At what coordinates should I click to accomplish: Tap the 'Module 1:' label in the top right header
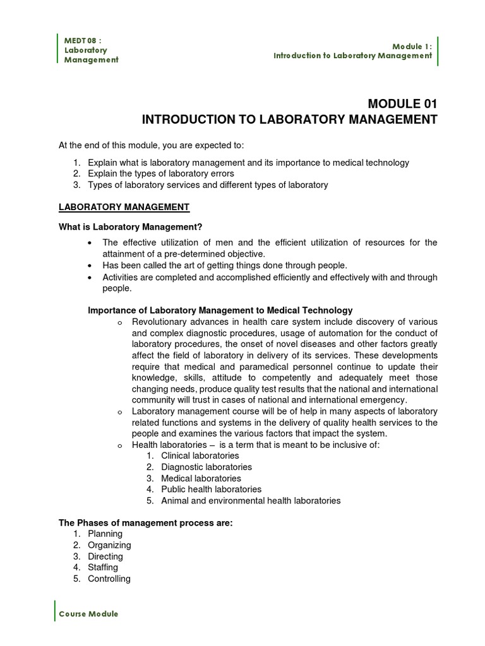[x=412, y=46]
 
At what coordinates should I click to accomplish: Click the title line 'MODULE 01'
[x=402, y=104]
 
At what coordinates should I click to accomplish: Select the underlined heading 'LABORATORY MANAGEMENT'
[x=124, y=206]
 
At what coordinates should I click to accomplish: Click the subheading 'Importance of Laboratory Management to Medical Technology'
[x=220, y=310]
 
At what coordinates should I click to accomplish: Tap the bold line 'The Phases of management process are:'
[x=146, y=522]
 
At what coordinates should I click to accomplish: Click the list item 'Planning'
[x=105, y=534]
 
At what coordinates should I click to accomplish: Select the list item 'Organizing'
[x=109, y=545]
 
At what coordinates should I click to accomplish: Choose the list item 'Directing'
[x=105, y=556]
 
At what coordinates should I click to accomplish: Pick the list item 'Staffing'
[x=103, y=567]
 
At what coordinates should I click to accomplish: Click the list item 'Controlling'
[x=109, y=578]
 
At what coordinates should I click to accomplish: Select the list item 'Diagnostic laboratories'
[x=207, y=467]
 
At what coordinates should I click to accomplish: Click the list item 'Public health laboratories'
[x=211, y=489]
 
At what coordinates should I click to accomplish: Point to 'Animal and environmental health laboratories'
[x=251, y=500]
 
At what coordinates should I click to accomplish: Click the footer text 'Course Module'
[x=88, y=614]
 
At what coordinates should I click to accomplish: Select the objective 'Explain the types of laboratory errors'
[x=160, y=173]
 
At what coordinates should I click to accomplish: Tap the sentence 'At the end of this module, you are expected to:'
[x=155, y=145]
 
